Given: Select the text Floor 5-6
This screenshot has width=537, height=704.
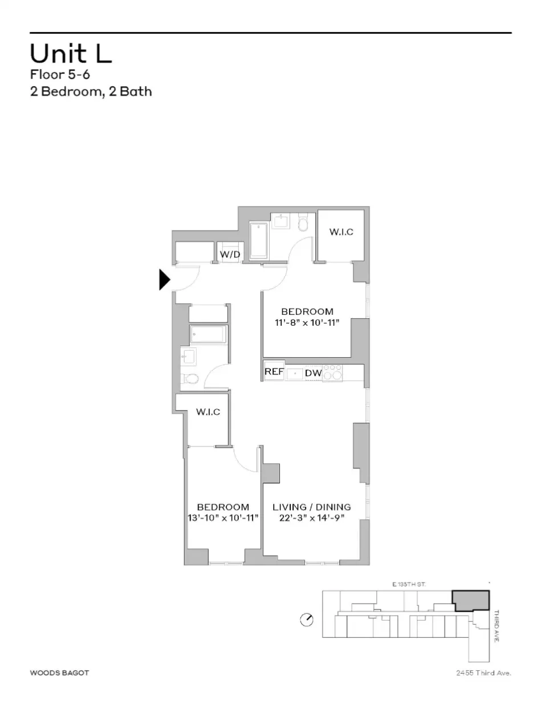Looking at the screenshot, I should click(x=60, y=75).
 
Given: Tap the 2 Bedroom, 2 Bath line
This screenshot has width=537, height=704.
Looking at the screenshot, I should click(x=91, y=91).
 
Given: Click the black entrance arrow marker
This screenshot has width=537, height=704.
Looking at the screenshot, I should click(x=164, y=280).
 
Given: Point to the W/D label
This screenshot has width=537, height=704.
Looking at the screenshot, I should click(x=230, y=254).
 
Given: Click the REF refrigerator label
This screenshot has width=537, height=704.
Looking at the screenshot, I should click(x=274, y=372).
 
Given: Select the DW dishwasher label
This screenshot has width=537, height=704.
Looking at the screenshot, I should click(x=313, y=373).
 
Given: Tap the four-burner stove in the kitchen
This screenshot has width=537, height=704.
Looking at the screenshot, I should click(x=332, y=373).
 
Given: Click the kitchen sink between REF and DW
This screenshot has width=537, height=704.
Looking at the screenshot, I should click(x=294, y=373).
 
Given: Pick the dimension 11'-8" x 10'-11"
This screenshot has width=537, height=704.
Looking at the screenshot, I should click(x=307, y=323).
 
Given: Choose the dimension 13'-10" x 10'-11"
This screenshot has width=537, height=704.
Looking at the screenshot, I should click(x=223, y=518).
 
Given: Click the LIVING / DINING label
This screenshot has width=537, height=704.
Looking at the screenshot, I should click(x=311, y=507).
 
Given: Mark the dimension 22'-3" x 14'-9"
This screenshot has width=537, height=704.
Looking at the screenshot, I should click(x=311, y=518).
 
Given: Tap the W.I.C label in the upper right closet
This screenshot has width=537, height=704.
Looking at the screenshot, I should click(x=341, y=232).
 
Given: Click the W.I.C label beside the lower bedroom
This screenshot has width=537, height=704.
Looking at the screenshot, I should click(x=208, y=412).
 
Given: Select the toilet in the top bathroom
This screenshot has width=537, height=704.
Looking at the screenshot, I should click(x=303, y=222).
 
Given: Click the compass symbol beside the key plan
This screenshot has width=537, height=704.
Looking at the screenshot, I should click(x=306, y=620).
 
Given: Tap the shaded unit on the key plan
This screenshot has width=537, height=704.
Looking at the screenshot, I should click(x=471, y=601).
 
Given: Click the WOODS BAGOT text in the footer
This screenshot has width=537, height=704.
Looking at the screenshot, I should click(x=59, y=673).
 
